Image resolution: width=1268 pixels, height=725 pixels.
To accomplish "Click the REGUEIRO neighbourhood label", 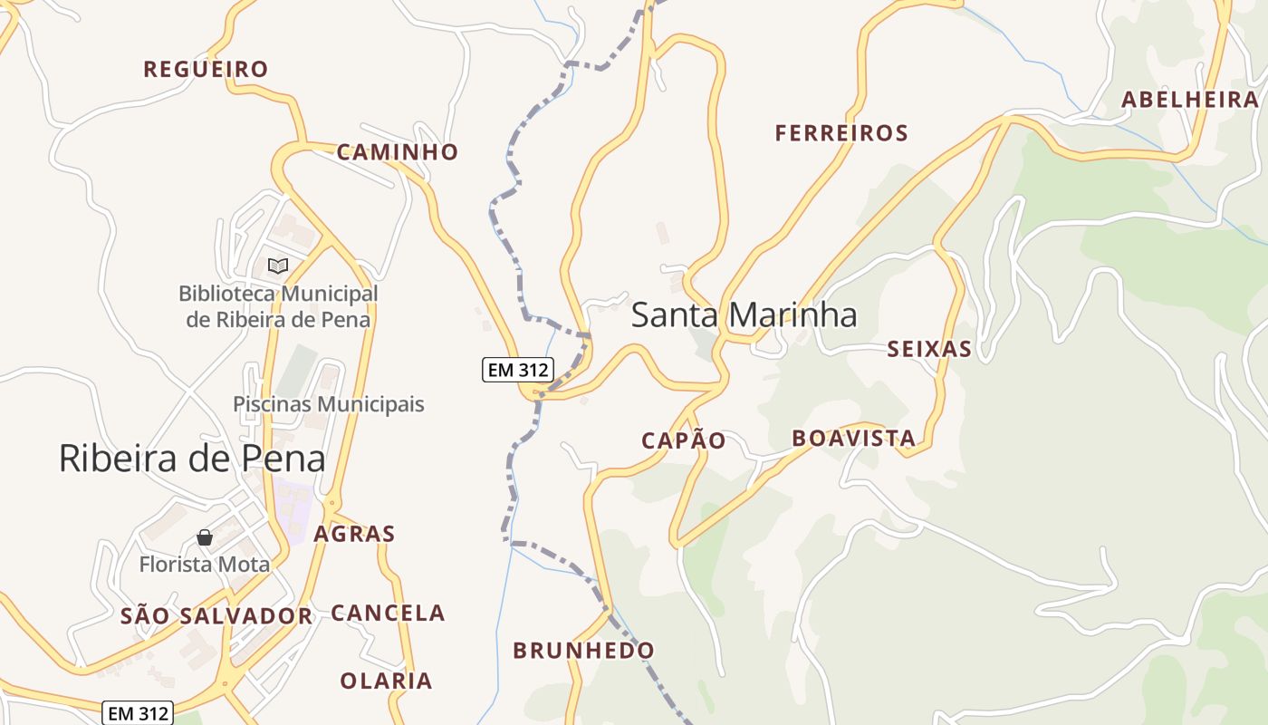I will (206, 69).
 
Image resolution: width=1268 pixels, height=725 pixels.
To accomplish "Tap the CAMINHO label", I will (398, 151).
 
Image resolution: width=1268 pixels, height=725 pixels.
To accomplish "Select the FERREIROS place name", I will (841, 133).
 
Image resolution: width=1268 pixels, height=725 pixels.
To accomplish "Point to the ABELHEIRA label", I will (1190, 100).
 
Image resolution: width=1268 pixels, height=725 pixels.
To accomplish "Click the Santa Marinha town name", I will (744, 315).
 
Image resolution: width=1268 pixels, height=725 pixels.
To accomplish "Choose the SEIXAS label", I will (929, 349).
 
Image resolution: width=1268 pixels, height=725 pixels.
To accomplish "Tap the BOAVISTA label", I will (854, 439).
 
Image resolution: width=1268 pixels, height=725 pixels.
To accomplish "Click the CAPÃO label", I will (684, 440).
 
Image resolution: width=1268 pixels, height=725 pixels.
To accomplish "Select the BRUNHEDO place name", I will (583, 650).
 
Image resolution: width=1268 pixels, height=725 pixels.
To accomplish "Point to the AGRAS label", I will (354, 534).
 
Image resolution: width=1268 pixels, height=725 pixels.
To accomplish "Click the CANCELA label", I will (388, 613).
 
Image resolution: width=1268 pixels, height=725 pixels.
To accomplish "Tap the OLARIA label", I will (386, 680).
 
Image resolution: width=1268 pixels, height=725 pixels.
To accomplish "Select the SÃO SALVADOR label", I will (216, 616).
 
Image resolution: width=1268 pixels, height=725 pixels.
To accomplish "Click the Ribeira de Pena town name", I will (192, 459).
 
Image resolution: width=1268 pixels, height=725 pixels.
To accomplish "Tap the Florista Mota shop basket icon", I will (205, 537).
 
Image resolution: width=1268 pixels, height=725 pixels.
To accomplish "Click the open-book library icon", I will (278, 266).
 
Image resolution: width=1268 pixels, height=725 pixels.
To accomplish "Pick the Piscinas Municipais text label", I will (329, 404).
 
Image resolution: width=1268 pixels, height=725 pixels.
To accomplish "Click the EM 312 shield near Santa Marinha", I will (517, 370).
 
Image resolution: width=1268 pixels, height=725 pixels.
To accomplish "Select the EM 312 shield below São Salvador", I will (137, 713).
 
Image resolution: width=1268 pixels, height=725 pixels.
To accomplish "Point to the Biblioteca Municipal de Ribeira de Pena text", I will (278, 306).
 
